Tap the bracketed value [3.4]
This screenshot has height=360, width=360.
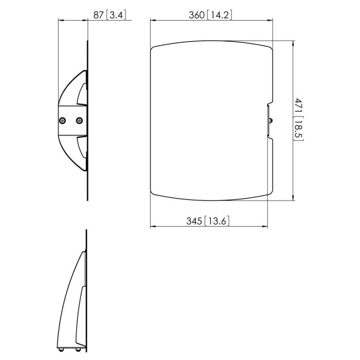pos(116,15)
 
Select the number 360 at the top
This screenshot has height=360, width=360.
pos(197,15)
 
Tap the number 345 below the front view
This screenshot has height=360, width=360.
pos(194,221)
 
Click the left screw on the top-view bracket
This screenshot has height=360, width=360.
pos(62,120)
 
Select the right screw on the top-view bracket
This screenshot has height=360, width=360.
pos(79,120)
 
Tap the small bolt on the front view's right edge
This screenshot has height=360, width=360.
pos(271,121)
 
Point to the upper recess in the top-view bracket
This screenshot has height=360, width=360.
pos(82,94)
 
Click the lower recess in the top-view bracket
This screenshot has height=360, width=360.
pos(82,148)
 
